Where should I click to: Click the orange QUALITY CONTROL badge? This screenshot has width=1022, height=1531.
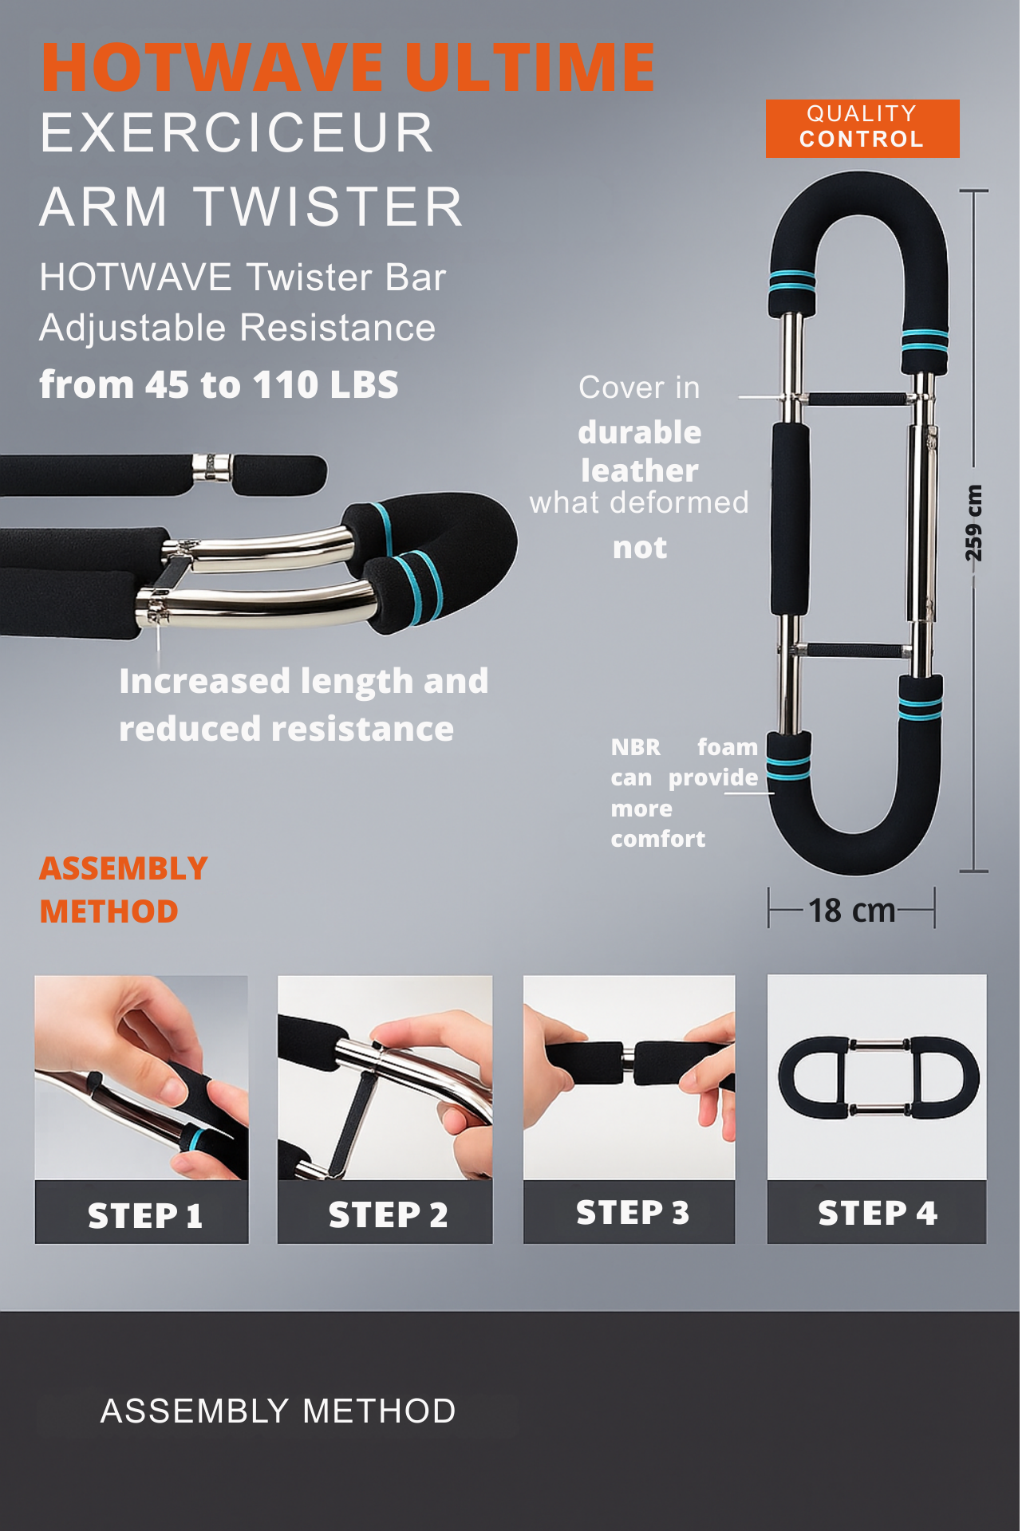click(x=862, y=128)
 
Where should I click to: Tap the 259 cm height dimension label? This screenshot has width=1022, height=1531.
click(x=973, y=523)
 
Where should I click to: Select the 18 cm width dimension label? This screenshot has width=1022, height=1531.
click(x=851, y=910)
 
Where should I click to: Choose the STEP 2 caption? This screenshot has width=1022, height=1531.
click(x=388, y=1214)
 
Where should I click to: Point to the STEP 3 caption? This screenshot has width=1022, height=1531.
click(x=632, y=1213)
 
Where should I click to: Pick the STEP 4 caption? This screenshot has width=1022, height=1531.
click(x=877, y=1213)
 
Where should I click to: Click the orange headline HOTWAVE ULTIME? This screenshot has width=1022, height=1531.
click(x=349, y=67)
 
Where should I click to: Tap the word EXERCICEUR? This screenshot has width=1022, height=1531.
click(x=237, y=133)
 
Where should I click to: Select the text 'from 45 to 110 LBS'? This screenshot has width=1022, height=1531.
click(x=219, y=384)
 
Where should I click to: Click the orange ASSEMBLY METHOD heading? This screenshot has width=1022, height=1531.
click(x=124, y=890)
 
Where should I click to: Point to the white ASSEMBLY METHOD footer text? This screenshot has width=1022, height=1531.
click(x=278, y=1411)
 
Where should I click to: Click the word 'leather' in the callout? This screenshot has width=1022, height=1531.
click(x=640, y=470)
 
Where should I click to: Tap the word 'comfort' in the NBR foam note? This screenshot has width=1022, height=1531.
click(x=657, y=839)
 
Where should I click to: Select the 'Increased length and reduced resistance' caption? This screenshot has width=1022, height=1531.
click(x=303, y=705)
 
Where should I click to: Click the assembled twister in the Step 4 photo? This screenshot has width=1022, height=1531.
click(x=878, y=1077)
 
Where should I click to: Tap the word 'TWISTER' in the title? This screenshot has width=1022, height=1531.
click(x=329, y=207)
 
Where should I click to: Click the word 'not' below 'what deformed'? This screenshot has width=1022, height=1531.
click(x=640, y=548)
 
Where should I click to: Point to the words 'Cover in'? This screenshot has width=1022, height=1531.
click(x=639, y=388)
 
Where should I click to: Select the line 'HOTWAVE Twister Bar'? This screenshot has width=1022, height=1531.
click(x=243, y=277)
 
